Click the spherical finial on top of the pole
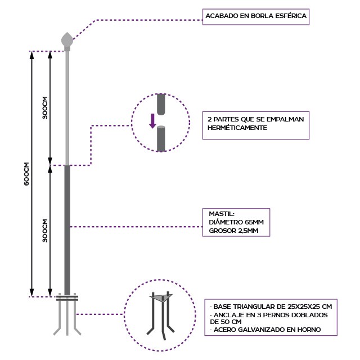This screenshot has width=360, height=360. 67,40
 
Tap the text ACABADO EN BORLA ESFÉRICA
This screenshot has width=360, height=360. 256,16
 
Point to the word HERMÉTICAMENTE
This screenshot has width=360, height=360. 237,128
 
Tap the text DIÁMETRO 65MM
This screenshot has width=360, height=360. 236,222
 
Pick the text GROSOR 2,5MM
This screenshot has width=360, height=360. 233,231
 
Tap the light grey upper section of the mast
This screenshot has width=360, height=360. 67,107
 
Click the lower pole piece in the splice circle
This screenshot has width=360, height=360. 161,138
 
